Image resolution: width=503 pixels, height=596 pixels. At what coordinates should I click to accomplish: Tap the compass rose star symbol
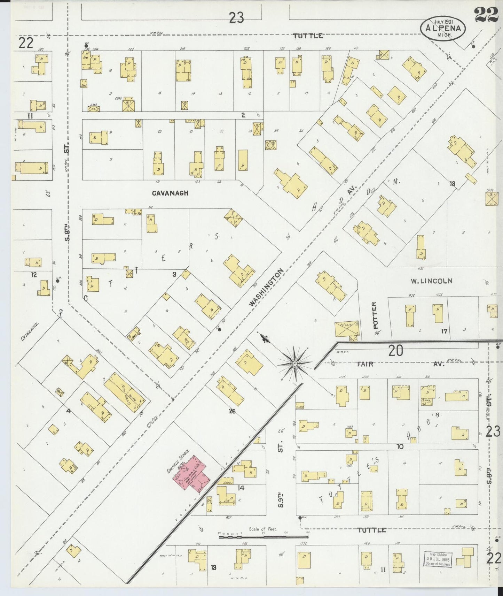[295, 364]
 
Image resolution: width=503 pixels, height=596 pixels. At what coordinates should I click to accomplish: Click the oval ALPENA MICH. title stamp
[443, 29]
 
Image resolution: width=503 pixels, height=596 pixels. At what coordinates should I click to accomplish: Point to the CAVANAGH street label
[170, 193]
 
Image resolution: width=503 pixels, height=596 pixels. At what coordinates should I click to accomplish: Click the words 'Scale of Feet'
[263, 529]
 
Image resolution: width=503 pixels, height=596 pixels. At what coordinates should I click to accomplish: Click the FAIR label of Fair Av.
[365, 364]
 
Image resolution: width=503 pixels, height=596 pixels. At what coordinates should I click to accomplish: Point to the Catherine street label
[30, 331]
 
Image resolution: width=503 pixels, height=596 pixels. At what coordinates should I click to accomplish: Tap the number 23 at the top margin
[236, 17]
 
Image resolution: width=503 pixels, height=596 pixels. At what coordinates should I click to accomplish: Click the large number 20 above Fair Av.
[395, 351]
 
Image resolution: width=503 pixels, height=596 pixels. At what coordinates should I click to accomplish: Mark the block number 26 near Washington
[232, 411]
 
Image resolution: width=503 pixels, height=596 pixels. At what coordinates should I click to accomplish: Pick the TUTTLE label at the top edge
[308, 36]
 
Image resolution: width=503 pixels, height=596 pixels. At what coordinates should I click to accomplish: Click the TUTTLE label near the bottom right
[372, 530]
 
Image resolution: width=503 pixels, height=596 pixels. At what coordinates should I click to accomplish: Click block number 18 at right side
[452, 184]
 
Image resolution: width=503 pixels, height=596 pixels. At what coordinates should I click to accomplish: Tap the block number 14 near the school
[241, 488]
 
